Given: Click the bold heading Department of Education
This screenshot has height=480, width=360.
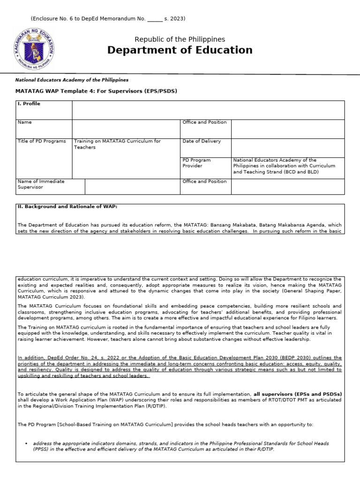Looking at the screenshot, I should (x=180, y=50).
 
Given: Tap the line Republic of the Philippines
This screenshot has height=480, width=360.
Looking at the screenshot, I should (x=180, y=39).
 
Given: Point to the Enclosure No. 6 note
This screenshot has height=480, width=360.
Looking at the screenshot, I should (x=108, y=19).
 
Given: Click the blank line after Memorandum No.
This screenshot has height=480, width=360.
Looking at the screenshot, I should (x=155, y=19).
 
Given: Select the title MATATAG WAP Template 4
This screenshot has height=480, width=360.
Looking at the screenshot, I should (x=97, y=90).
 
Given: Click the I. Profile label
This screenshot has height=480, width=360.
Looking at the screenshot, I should (x=29, y=104).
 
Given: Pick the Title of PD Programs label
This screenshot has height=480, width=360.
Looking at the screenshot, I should (x=42, y=141).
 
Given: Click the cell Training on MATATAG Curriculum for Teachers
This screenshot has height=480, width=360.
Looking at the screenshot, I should (x=117, y=144).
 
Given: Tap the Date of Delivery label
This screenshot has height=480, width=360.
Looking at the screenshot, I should (x=202, y=141).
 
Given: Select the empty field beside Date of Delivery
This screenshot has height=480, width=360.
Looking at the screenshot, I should (x=287, y=147).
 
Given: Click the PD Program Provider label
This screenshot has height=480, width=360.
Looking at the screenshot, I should (x=197, y=163).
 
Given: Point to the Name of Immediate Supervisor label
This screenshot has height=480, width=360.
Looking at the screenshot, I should (x=41, y=184).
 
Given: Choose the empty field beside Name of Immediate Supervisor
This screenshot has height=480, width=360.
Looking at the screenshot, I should (x=132, y=186).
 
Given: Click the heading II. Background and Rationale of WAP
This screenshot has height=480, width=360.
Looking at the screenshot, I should (x=67, y=207).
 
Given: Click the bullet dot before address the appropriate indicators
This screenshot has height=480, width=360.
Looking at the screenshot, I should (x=27, y=443).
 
